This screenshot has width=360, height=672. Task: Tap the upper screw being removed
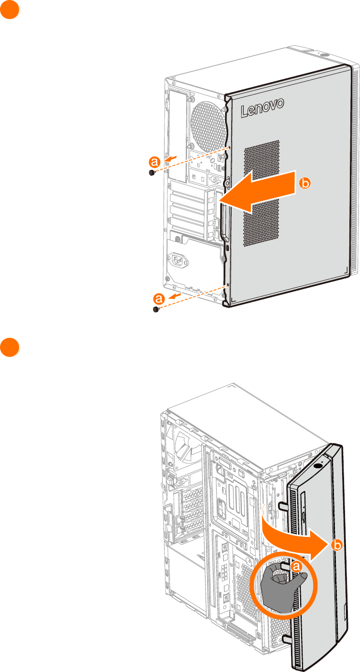point(152,173)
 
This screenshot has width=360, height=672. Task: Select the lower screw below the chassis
point(156,309)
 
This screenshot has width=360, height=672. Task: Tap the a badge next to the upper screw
point(154,161)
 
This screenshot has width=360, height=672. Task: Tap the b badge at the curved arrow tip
point(337,545)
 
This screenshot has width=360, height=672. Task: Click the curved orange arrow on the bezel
point(294,536)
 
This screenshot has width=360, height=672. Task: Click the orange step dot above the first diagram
point(9,10)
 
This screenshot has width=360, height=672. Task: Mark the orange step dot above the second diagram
point(9,348)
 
